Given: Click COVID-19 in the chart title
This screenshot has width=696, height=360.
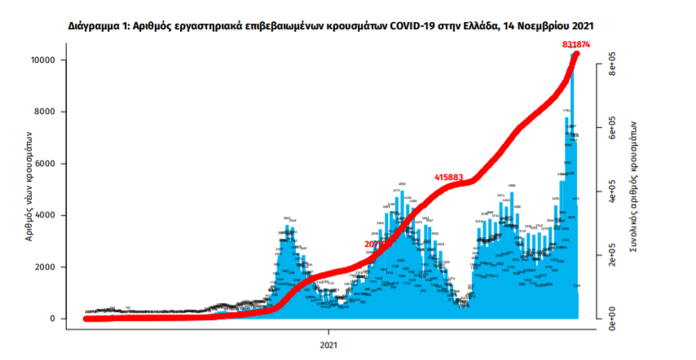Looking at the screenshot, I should (417, 26).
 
